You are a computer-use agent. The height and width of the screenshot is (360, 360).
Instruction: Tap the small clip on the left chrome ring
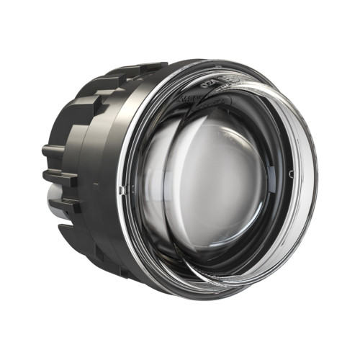point(121,189)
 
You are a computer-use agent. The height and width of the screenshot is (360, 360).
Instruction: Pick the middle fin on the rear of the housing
point(58,176)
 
